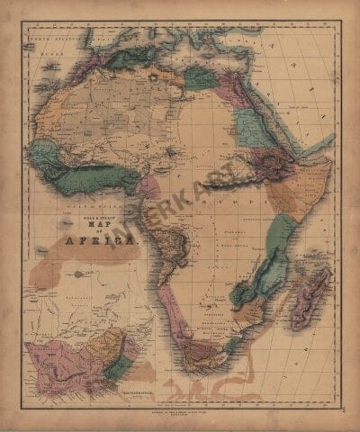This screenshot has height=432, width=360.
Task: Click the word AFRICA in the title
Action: [x=101, y=241]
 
